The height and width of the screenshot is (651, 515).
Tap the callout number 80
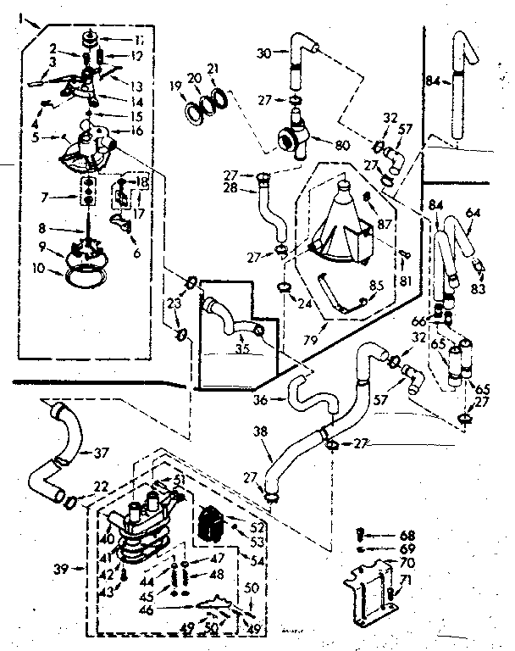pos(342,145)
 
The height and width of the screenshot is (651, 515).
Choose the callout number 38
pos(261,430)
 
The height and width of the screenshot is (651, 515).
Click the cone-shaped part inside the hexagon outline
pos(343,215)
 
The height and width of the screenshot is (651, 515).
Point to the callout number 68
pos(408,535)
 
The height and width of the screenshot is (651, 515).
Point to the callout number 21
pos(213,69)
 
